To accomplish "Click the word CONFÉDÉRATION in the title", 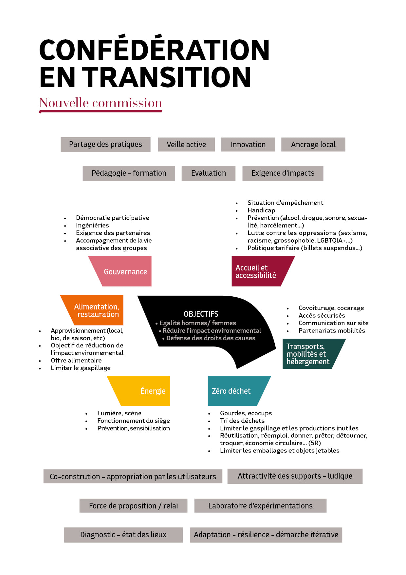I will click(154, 50).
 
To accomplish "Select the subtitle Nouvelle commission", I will click(101, 103).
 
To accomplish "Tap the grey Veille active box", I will click(186, 145).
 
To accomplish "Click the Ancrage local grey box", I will click(313, 145).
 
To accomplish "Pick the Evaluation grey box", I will click(209, 173).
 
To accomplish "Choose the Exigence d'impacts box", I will click(283, 173).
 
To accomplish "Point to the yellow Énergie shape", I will click(144, 391).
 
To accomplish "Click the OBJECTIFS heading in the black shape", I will click(201, 314).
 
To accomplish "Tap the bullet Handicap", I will click(261, 210).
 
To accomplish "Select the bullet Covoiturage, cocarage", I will click(331, 308).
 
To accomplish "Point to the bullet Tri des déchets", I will click(242, 421).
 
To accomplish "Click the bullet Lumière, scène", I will click(119, 413).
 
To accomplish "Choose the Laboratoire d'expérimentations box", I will click(260, 506).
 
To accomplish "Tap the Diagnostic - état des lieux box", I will click(123, 535).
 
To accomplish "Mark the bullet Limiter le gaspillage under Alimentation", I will click(81, 368).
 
